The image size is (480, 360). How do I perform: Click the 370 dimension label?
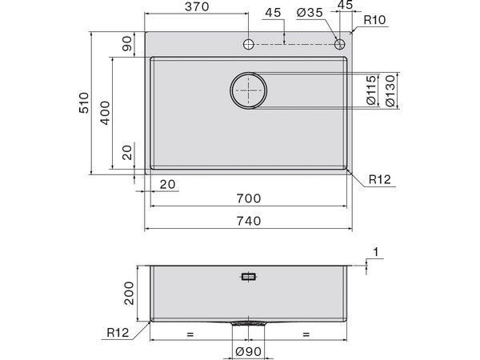(195, 7)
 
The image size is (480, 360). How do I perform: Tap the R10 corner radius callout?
(374, 20)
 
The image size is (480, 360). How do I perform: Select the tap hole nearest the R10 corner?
(339, 43)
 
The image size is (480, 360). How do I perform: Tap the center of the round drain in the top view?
(249, 90)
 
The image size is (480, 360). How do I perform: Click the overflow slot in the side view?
(249, 278)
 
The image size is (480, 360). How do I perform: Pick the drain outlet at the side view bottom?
(249, 324)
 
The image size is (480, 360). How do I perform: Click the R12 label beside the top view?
(379, 181)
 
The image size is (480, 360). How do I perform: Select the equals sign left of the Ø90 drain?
(190, 332)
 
